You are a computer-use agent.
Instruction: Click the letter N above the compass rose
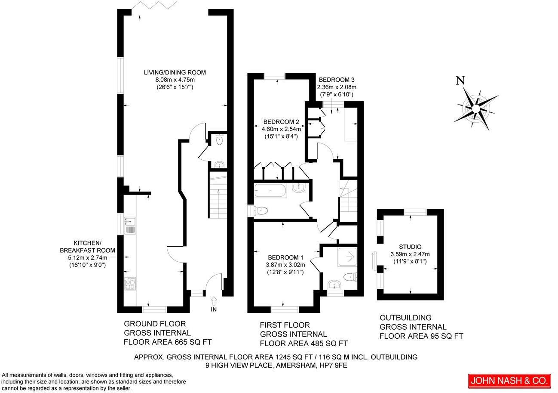click(x=460, y=80)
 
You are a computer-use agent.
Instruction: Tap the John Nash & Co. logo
click(x=509, y=381)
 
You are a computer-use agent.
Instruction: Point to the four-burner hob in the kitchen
click(x=130, y=283)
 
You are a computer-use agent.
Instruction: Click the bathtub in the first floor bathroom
click(x=270, y=190)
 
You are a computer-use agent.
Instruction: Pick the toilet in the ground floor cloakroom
click(x=219, y=139)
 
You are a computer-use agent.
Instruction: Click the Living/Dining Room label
click(x=175, y=72)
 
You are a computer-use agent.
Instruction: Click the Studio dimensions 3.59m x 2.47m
click(x=410, y=254)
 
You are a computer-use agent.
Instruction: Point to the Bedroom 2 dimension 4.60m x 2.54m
click(x=281, y=129)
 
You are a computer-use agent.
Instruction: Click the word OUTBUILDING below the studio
click(x=405, y=318)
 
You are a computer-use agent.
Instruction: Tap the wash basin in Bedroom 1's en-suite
click(x=334, y=285)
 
